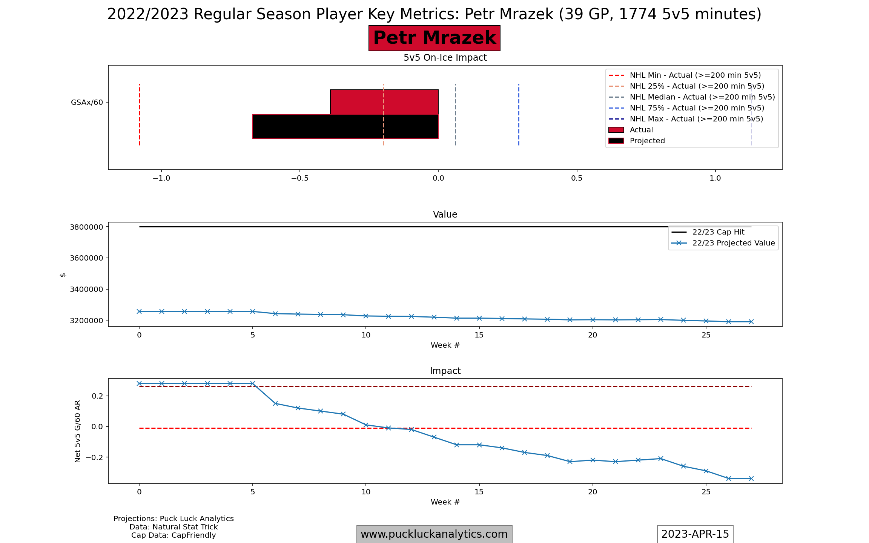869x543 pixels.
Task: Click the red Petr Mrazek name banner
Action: point(434,38)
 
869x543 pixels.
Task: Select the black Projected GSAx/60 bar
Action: point(345,127)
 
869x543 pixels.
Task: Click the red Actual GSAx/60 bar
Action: point(384,102)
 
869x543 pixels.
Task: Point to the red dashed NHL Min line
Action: point(139,115)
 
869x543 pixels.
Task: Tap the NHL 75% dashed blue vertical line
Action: point(519,115)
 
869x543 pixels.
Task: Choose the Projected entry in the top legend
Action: point(647,141)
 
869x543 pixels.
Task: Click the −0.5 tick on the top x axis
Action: point(299,178)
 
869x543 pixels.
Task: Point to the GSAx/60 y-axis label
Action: point(87,102)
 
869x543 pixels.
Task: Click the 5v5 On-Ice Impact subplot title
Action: point(445,58)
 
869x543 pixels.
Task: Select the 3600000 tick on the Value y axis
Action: point(86,258)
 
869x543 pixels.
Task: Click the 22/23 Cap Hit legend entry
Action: point(718,232)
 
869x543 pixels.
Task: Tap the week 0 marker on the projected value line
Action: point(139,311)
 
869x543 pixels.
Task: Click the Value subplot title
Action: point(445,215)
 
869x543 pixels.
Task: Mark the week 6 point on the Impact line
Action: point(275,403)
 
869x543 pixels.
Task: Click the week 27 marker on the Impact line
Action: point(751,479)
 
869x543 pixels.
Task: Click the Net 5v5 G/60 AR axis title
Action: point(78,431)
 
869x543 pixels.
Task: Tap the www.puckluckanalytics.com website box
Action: point(434,534)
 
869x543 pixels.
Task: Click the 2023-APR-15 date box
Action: point(695,534)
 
